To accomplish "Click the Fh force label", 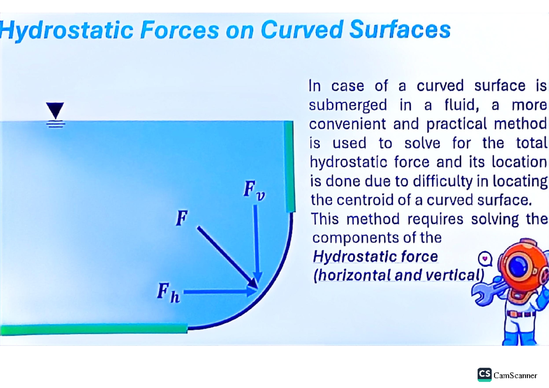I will coord(168,291).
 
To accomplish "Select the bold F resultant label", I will coord(182,220).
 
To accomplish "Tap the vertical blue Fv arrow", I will coord(257,242).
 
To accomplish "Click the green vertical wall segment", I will coord(288,167).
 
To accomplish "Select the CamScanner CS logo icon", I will coord(484,374).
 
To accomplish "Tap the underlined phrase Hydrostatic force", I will coord(375,257).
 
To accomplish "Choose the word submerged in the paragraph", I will coord(348,105).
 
